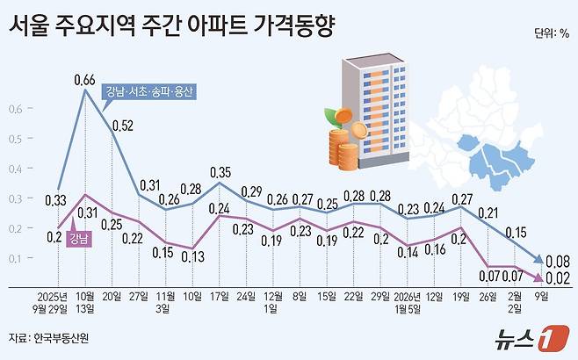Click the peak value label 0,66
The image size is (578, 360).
tap(84, 80)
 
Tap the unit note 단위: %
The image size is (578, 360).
tap(551, 35)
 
